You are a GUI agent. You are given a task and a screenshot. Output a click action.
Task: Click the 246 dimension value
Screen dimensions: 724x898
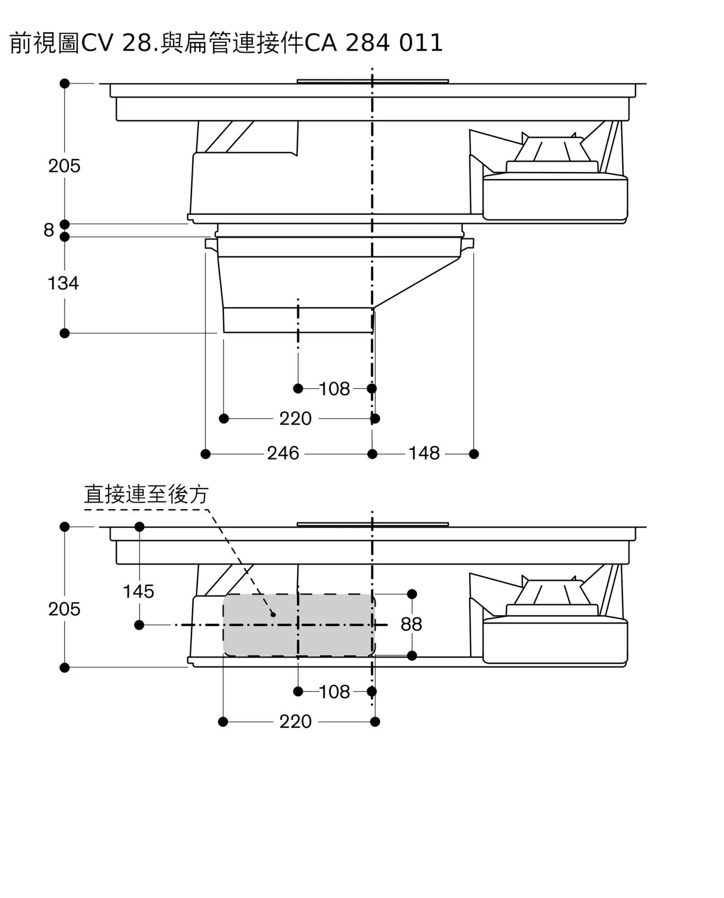283,453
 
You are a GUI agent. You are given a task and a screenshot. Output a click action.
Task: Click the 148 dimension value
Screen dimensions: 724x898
424,453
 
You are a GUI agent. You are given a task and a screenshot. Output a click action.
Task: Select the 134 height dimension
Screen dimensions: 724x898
63,283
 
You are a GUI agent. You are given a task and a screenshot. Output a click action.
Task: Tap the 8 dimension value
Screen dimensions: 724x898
49,230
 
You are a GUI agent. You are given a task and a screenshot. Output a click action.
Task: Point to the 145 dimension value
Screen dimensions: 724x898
138,592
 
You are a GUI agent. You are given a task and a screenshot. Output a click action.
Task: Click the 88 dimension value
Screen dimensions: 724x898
411,625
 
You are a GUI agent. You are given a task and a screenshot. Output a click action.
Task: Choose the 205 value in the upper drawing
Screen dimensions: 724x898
64,166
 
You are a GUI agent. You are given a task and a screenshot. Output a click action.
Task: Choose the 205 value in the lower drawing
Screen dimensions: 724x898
64,609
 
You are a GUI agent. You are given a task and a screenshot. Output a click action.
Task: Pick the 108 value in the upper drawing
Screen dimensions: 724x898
334,389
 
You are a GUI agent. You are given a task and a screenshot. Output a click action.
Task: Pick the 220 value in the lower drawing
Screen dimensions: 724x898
295,722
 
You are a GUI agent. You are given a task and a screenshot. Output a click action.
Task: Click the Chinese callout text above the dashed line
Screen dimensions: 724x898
146,495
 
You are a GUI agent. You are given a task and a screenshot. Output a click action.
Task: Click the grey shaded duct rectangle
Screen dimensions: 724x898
299,625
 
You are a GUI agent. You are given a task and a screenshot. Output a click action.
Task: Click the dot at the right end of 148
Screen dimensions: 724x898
474,454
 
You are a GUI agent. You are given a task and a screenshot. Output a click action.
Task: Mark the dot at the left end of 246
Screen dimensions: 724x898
205,454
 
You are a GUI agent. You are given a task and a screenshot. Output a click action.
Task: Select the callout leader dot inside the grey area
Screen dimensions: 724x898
273,614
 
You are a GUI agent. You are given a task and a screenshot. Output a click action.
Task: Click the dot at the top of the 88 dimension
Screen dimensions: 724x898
412,594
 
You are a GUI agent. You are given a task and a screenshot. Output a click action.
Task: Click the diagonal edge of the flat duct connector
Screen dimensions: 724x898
417,283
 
